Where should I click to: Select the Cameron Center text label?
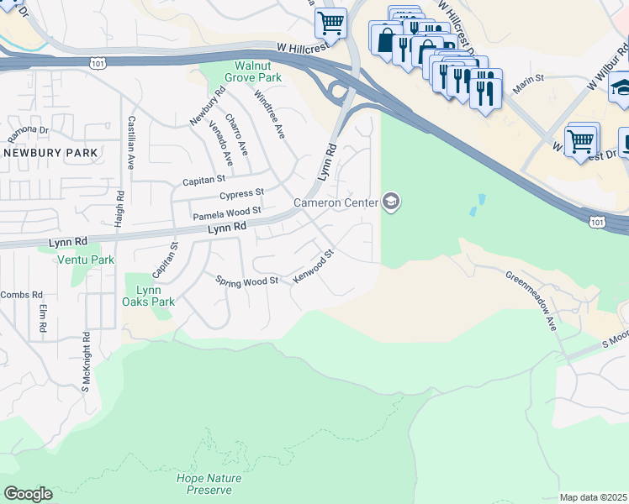coord(335,202)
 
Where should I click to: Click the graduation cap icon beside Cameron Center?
coord(390,202)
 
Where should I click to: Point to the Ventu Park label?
coord(85,260)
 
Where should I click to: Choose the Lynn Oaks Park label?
coord(149,295)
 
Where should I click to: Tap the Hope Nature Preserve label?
coord(209,484)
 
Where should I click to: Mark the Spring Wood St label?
coord(246,281)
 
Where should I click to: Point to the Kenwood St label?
coord(314,265)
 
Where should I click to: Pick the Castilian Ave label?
coord(131,144)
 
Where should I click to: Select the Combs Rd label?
coord(15,295)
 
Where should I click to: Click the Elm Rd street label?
coord(42,318)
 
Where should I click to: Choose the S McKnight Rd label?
coord(85,363)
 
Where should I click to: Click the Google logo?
coord(28,494)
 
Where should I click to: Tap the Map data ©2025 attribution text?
coord(593,497)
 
